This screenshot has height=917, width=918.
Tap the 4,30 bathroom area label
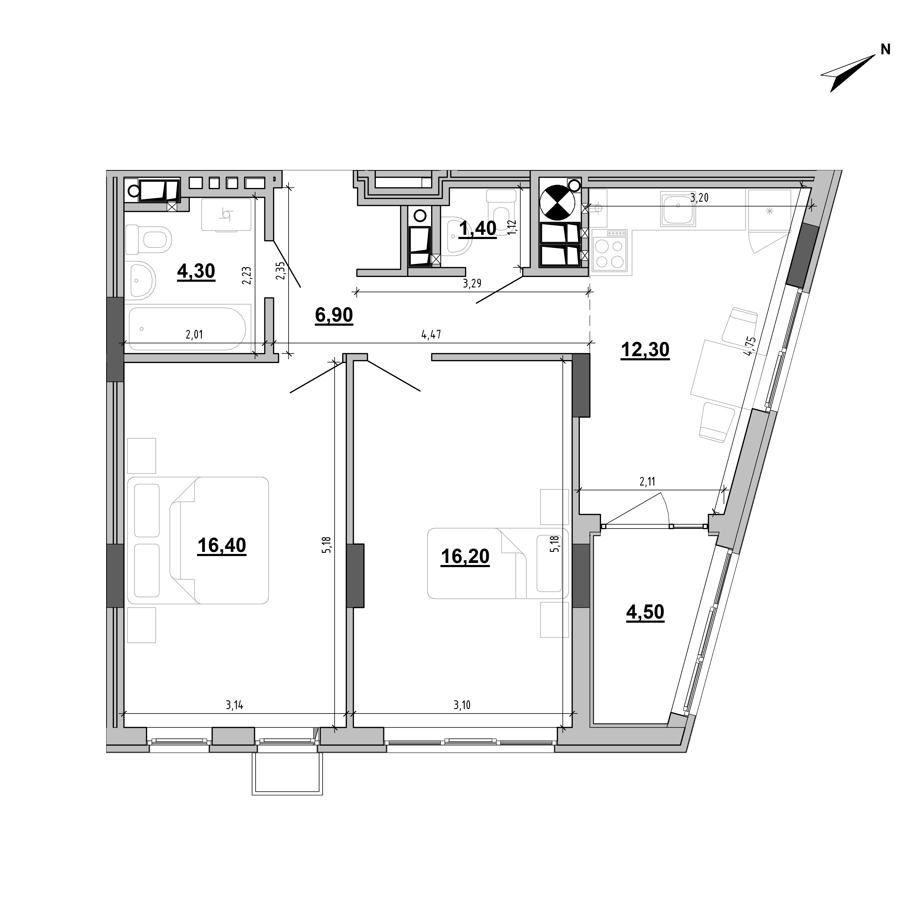pyautogui.click(x=196, y=271)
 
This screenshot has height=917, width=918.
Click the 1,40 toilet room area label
pyautogui.click(x=478, y=228)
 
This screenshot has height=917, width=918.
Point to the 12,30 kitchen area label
pyautogui.click(x=645, y=350)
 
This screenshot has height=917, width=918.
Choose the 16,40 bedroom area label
pyautogui.click(x=222, y=546)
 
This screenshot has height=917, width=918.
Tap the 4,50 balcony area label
pyautogui.click(x=645, y=612)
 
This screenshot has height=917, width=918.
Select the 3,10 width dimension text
pyautogui.click(x=462, y=706)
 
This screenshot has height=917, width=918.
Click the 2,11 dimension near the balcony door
pyautogui.click(x=647, y=482)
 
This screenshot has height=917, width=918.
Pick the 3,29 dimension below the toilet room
pyautogui.click(x=472, y=284)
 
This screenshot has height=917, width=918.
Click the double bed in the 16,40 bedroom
pyautogui.click(x=198, y=541)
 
